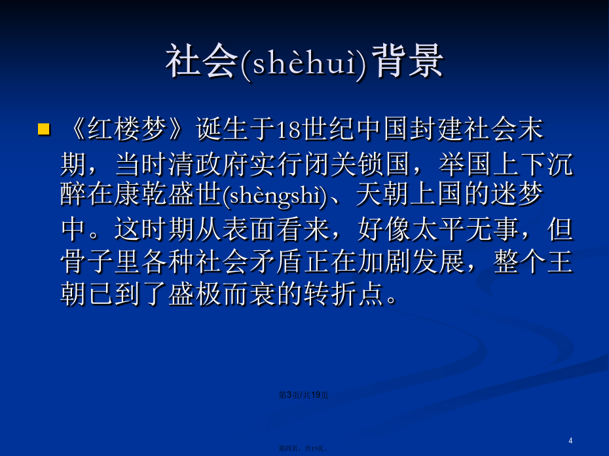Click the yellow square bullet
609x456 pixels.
[43, 129]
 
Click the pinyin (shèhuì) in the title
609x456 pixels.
[303, 63]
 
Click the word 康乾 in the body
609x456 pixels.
[141, 194]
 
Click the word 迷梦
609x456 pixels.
[517, 194]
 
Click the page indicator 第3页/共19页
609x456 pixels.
[303, 395]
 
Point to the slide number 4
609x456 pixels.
[570, 440]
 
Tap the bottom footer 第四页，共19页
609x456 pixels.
[303, 449]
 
